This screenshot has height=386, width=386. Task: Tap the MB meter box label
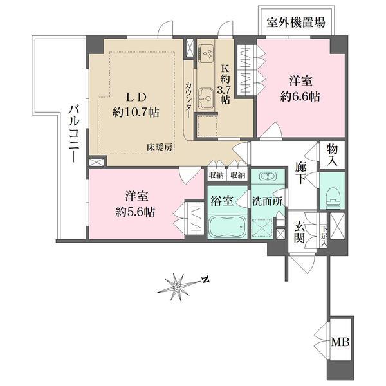[340, 342]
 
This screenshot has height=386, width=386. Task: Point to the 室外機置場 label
[297, 23]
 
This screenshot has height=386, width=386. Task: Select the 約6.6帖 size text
[300, 96]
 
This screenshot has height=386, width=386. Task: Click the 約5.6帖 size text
[134, 212]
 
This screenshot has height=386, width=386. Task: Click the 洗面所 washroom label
[264, 200]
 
